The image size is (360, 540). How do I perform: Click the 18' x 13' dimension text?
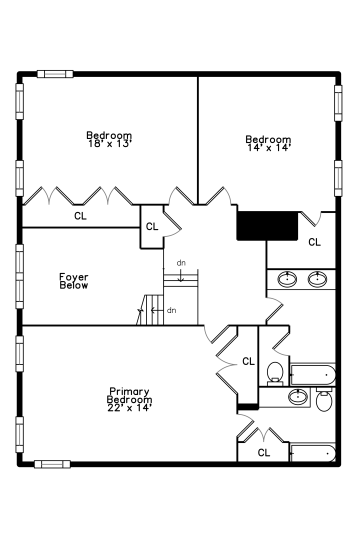point(109,143)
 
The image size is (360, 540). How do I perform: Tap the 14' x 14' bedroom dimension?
point(268,147)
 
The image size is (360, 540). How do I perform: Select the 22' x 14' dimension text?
point(129,407)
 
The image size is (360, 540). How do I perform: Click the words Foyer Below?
point(74,281)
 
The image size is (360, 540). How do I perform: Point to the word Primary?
point(129,391)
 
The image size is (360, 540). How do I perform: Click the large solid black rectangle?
point(267,226)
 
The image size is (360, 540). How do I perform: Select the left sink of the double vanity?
point(287,278)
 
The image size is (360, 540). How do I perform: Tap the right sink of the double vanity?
point(317,278)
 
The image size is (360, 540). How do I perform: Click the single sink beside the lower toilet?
point(298,397)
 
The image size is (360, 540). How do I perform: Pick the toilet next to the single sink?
point(324,400)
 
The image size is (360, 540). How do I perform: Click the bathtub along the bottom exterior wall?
point(313,453)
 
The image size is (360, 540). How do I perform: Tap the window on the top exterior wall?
point(55,74)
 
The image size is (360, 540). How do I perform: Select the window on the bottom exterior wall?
point(52,464)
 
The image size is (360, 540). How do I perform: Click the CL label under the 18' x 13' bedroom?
point(80,216)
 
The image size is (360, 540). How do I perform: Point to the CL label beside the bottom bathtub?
point(264,453)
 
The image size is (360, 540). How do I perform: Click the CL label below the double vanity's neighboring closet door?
point(314,242)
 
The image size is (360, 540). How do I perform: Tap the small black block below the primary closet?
point(247,407)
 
